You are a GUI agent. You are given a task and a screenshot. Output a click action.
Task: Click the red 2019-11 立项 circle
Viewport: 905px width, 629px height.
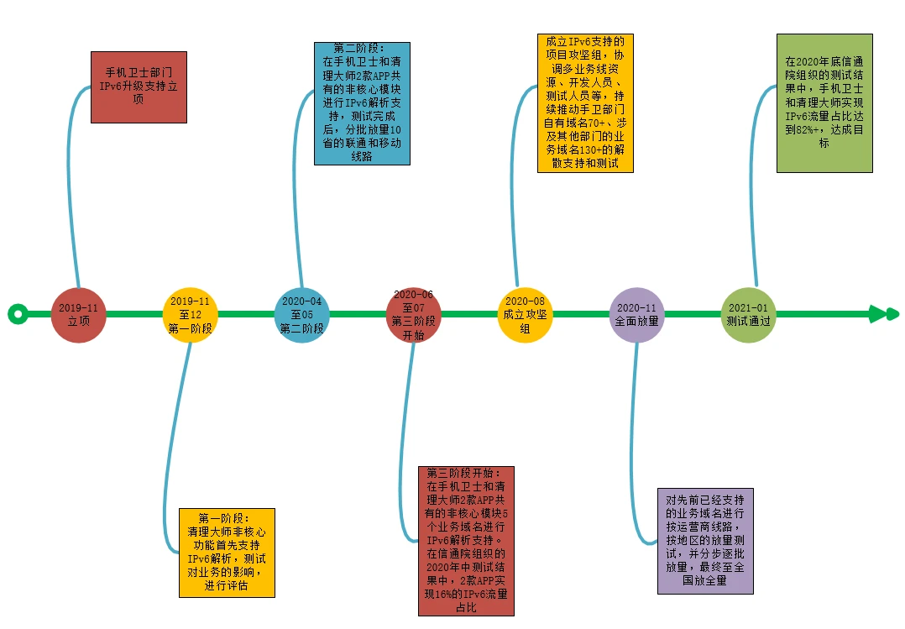pyautogui.click(x=78, y=315)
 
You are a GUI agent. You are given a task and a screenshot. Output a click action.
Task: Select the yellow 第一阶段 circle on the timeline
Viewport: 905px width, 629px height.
pyautogui.click(x=190, y=315)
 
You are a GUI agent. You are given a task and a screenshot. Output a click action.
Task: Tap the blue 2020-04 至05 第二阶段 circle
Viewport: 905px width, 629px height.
pyautogui.click(x=301, y=315)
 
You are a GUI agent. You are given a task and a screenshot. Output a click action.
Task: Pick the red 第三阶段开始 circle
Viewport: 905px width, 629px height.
pyautogui.click(x=413, y=315)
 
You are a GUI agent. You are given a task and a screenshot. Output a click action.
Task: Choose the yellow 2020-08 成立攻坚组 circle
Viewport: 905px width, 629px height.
pyautogui.click(x=525, y=315)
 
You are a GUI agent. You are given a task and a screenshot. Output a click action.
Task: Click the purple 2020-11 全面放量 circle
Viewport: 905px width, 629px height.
pyautogui.click(x=636, y=315)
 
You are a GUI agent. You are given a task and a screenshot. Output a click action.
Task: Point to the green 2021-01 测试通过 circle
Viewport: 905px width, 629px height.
pyautogui.click(x=748, y=315)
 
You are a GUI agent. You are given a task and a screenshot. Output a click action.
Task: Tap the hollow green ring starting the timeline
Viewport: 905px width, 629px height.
pyautogui.click(x=17, y=315)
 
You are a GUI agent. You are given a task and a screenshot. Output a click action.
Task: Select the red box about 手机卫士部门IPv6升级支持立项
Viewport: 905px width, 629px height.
pyautogui.click(x=139, y=87)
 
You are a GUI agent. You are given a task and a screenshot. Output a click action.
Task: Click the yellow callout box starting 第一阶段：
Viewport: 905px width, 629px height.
pyautogui.click(x=227, y=553)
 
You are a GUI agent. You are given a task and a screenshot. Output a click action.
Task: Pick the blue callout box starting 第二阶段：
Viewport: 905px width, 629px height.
pyautogui.click(x=362, y=103)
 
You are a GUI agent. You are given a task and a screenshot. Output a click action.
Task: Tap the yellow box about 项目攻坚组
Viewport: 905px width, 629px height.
pyautogui.click(x=585, y=103)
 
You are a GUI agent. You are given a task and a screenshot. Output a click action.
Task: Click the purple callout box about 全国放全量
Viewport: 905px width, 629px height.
pyautogui.click(x=705, y=541)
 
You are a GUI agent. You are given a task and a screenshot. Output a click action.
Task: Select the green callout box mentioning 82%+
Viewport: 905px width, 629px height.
pyautogui.click(x=824, y=103)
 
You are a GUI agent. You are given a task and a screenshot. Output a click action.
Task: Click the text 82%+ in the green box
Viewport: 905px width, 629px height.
pyautogui.click(x=810, y=130)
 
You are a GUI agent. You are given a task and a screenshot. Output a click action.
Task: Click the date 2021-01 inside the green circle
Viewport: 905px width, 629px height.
pyautogui.click(x=748, y=308)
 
